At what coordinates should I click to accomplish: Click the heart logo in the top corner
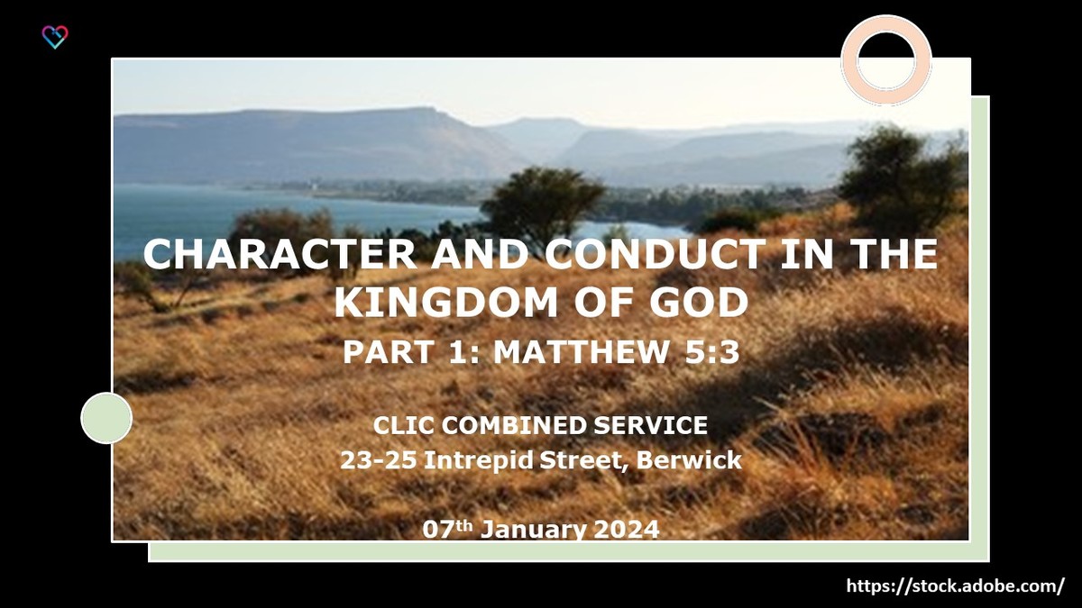click(x=55, y=37)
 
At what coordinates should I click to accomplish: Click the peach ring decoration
click(x=885, y=59)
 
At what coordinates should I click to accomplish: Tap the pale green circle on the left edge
click(x=106, y=418)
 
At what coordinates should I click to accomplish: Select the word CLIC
click(x=401, y=425)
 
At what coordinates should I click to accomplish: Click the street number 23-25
click(x=379, y=460)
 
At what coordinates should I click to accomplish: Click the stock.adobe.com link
click(x=955, y=585)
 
